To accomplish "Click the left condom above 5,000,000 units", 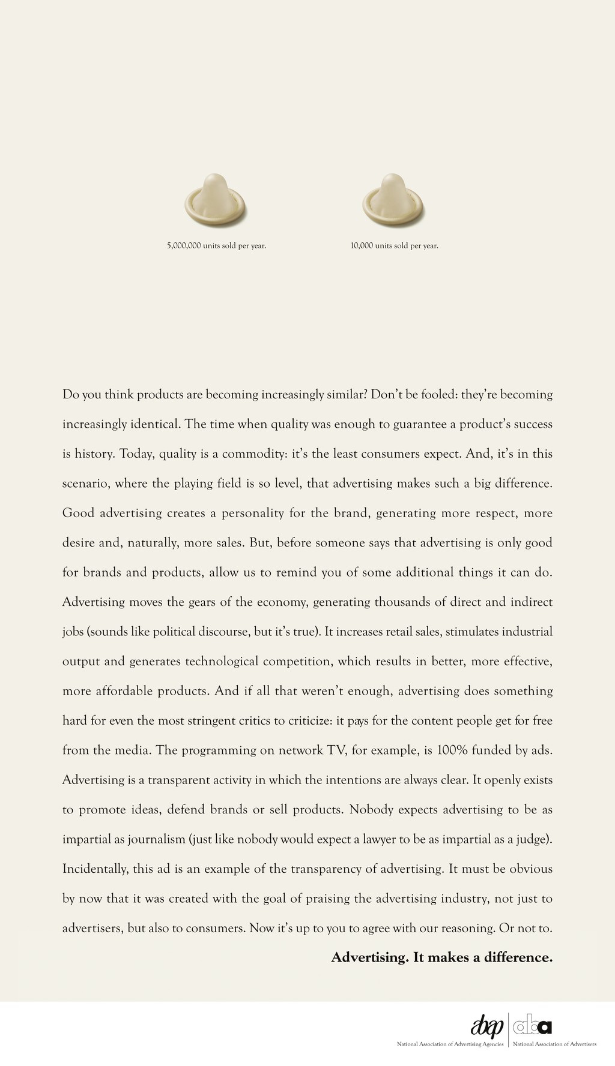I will point(214,200).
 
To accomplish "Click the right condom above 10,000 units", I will point(393,200).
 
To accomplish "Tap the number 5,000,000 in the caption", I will point(184,245).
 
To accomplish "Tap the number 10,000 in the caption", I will point(362,245).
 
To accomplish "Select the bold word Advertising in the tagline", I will point(370,957).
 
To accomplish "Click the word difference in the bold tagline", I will point(521,957).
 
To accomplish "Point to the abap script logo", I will point(487,1025).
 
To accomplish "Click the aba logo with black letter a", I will point(532,1026).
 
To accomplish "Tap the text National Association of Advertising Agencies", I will point(450,1044).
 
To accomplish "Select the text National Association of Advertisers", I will point(554,1044).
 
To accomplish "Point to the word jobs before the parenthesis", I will point(73,632).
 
